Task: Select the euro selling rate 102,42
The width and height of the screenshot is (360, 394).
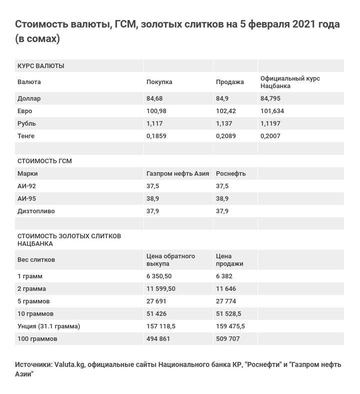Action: [x=225, y=111]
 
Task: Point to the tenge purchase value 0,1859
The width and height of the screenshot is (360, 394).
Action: [x=156, y=136]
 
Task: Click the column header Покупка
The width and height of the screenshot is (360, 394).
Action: [x=159, y=82]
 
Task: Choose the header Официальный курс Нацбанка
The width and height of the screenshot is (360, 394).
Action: [x=290, y=82]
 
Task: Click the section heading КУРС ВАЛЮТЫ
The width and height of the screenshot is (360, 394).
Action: [x=40, y=66]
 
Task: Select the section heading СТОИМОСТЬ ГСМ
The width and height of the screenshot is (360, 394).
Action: [x=44, y=161]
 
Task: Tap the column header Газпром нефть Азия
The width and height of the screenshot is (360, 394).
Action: [x=177, y=174]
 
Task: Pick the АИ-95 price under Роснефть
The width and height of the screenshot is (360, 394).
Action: [x=222, y=199]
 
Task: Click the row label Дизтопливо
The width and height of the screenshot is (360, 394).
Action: [x=36, y=211]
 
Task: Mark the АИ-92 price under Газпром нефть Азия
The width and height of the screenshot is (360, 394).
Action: [x=152, y=186]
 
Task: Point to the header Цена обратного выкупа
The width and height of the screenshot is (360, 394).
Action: [x=170, y=260]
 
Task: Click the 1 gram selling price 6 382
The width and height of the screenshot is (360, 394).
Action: [x=224, y=276]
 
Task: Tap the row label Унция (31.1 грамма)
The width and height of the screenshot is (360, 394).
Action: [x=48, y=326]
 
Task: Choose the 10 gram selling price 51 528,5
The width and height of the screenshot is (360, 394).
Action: [x=228, y=314]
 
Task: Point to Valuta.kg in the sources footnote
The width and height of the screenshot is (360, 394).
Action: [x=69, y=364]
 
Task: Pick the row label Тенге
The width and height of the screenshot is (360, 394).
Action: [x=26, y=136]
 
